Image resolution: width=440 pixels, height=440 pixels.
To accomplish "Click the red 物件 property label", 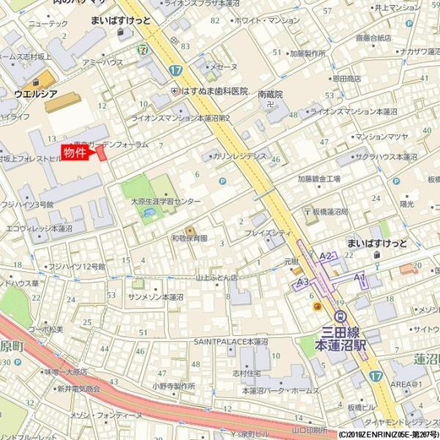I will [75, 153].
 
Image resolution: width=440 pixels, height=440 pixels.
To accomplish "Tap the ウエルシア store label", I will [34, 94].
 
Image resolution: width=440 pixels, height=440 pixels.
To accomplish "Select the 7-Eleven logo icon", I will [142, 49].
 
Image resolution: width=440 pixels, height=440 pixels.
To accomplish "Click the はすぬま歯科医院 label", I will [214, 90].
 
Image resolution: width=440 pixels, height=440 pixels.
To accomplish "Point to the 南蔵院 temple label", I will [271, 95].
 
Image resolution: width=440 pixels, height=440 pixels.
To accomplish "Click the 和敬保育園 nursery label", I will [189, 238].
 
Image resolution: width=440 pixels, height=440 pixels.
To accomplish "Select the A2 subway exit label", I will [326, 255].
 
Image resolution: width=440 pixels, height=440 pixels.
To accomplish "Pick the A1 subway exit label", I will [359, 276].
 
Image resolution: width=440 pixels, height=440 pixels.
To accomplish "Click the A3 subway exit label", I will [302, 282].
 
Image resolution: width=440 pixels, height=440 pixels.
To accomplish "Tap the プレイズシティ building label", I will [268, 232].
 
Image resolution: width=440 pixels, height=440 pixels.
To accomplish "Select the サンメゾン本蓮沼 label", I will [155, 297].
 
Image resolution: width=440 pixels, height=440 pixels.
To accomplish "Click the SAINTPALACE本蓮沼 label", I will [230, 342].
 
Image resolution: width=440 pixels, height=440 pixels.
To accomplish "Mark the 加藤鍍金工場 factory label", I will [319, 178].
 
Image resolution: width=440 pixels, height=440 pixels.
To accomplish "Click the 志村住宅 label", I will [247, 373].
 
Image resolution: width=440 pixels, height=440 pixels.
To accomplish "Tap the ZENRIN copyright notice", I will [388, 434].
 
